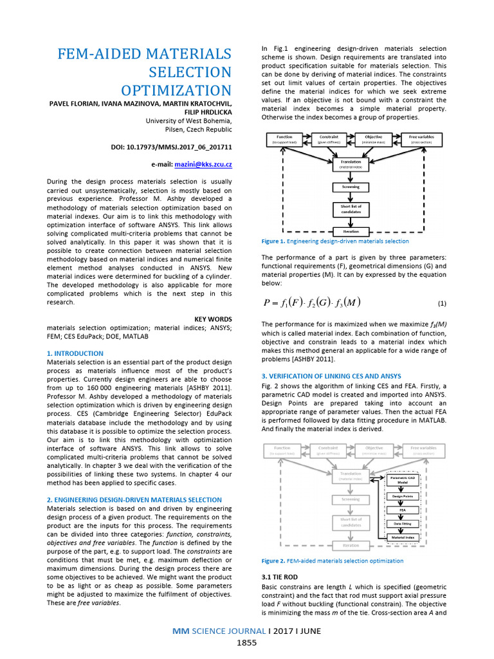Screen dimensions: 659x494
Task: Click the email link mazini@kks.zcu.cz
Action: [x=203, y=165]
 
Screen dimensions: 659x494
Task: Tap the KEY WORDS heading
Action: [x=213, y=319]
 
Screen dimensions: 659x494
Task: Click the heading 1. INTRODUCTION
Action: [x=75, y=353]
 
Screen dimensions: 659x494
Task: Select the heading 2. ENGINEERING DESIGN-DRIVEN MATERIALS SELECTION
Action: [x=134, y=499]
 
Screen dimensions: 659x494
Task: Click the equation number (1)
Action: [x=442, y=302]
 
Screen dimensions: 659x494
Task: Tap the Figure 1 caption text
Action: [x=334, y=241]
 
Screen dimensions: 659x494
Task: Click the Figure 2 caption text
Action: [x=333, y=561]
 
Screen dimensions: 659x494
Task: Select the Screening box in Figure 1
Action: [x=351, y=187]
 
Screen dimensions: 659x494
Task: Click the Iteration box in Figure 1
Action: [x=351, y=230]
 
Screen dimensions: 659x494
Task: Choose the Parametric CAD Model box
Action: [x=403, y=481]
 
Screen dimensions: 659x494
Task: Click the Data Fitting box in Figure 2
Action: [x=403, y=523]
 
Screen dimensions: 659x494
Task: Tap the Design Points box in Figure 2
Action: [x=403, y=496]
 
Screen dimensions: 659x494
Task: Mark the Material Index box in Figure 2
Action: [x=403, y=537]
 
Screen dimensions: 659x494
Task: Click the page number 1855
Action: [x=247, y=642]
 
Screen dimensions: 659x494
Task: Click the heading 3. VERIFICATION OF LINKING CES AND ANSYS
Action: [x=331, y=376]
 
